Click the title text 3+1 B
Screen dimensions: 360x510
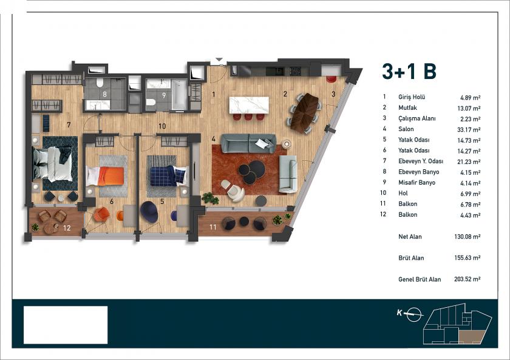pyautogui.click(x=409, y=71)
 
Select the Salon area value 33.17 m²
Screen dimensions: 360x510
pyautogui.click(x=467, y=129)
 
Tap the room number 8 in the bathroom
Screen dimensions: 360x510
pyautogui.click(x=104, y=94)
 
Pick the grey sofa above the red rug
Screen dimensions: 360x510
pyautogui.click(x=247, y=143)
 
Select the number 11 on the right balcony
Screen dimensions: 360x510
pyautogui.click(x=213, y=226)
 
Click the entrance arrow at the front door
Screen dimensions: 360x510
pyautogui.click(x=219, y=60)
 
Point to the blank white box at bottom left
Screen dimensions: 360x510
pyautogui.click(x=66, y=325)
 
